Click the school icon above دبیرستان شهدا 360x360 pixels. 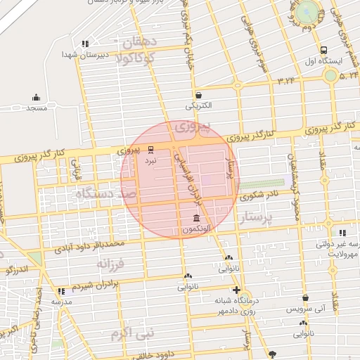tap(86, 44)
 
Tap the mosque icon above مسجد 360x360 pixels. tap(36, 98)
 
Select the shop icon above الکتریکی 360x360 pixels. tap(199, 95)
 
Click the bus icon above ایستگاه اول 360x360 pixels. tap(323, 51)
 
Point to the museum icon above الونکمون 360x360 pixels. tap(195, 219)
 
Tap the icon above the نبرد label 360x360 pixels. tap(150, 149)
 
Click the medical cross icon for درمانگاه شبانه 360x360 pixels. tap(236, 290)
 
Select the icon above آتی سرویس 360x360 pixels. tap(305, 297)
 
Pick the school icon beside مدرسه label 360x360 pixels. tap(63, 290)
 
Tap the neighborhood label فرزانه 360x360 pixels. tap(110, 264)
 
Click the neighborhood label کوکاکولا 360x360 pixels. tap(146, 58)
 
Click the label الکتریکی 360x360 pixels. tap(199, 107)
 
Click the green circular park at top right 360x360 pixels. tap(307, 13)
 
